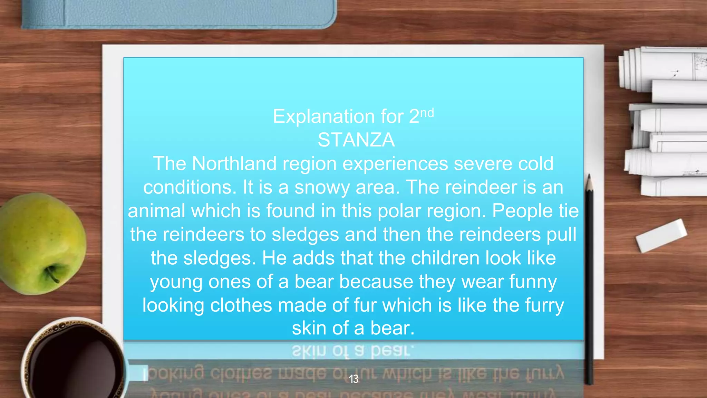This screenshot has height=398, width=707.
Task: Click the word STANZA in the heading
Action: pos(356,140)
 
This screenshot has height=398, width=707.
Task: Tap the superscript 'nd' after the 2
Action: pos(427,113)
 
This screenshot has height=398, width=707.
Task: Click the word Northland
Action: pos(234,163)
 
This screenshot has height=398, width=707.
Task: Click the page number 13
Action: pos(353,379)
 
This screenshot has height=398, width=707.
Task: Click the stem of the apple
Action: pos(52,275)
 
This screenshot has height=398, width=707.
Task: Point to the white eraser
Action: pos(661,235)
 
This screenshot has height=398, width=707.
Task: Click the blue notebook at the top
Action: pos(180,14)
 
